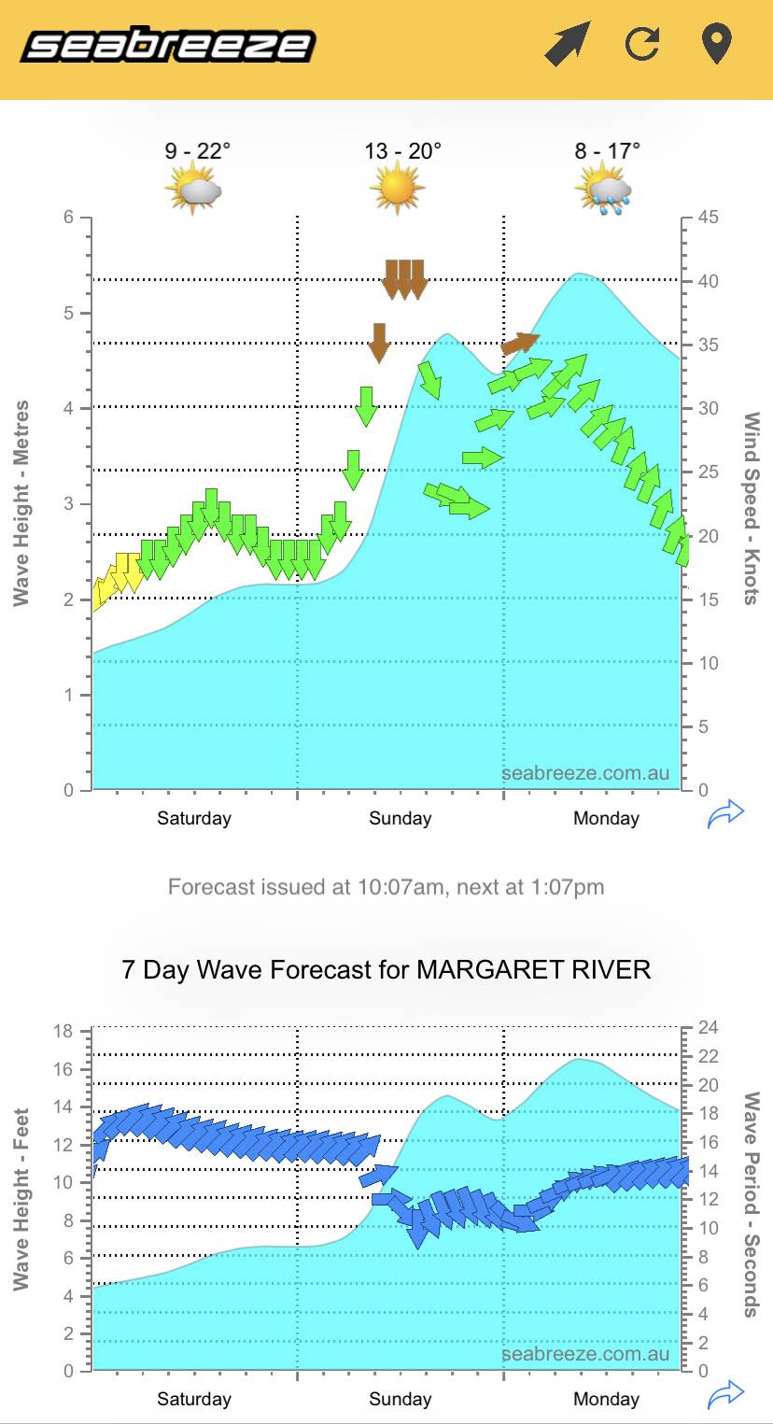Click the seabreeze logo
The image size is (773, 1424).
click(x=168, y=45)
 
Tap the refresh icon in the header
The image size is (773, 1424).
click(x=642, y=44)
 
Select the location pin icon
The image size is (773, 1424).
click(x=716, y=44)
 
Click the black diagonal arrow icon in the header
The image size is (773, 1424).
click(x=567, y=44)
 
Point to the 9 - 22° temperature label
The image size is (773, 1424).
click(x=198, y=151)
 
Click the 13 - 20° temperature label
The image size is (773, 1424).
click(x=402, y=151)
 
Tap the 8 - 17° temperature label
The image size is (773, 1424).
click(x=607, y=151)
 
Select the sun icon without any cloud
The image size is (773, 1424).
click(x=397, y=187)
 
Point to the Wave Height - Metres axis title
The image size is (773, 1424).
click(x=21, y=503)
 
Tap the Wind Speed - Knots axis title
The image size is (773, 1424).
click(x=752, y=508)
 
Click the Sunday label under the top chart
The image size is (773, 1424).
click(x=400, y=819)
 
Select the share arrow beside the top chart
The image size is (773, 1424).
click(x=725, y=814)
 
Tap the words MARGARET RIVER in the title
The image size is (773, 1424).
click(x=533, y=969)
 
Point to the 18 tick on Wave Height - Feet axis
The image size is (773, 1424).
click(x=63, y=1032)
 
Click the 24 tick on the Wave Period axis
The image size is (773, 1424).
click(x=709, y=1028)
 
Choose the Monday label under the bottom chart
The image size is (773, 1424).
click(x=606, y=1400)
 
